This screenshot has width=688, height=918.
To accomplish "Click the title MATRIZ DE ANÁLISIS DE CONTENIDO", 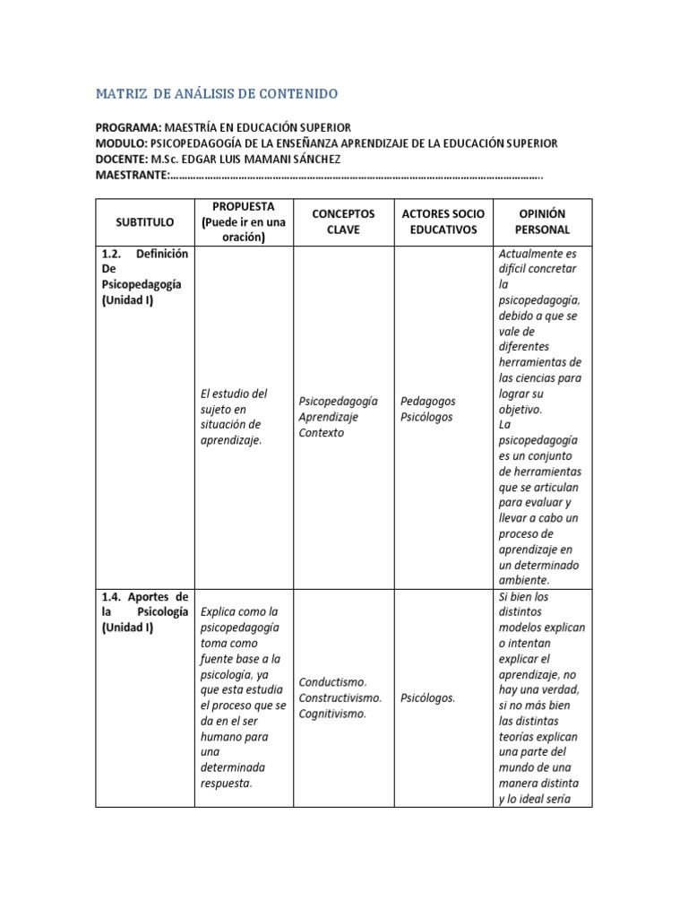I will coord(217,93).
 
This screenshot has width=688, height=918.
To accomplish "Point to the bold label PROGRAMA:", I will coord(128,128).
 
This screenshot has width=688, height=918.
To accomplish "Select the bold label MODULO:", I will coord(122,143).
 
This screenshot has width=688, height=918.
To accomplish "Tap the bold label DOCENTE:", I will coord(123,159).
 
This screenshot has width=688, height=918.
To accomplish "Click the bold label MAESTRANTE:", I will coord(133,174).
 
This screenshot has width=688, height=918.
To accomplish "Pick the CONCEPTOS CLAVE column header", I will coord(343,221).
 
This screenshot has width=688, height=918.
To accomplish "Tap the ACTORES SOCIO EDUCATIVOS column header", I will coord(443,221).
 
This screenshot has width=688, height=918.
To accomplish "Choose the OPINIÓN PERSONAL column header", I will coord(544,221).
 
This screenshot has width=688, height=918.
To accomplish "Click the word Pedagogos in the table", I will coord(427,401).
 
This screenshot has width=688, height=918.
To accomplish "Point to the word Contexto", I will coord(321,433).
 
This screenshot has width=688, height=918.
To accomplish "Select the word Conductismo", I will coord(332,681).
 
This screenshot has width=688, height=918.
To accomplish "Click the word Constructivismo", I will coord(340,697).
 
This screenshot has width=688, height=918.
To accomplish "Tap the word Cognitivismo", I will coord(332,714).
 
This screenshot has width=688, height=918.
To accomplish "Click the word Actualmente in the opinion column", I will coord(532,254).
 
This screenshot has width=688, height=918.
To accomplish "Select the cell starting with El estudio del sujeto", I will coord(235,417).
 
